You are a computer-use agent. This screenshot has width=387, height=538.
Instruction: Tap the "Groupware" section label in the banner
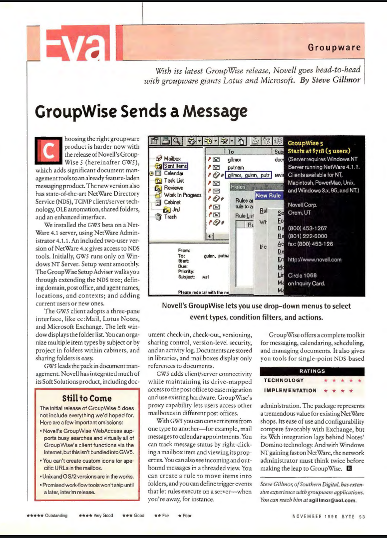[x=334, y=48]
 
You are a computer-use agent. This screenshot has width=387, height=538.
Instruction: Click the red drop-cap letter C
[x=50, y=151]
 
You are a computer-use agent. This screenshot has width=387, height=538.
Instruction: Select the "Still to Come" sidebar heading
[x=87, y=398]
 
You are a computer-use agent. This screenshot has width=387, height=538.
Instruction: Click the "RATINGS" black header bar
[x=312, y=371]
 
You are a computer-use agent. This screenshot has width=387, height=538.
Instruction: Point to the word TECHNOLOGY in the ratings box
[x=284, y=381]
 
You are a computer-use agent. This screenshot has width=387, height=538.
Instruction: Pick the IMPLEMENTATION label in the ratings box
[x=290, y=390]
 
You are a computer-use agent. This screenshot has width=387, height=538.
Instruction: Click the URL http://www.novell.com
[x=315, y=260]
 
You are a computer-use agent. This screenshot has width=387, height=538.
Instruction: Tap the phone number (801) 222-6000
[x=309, y=237]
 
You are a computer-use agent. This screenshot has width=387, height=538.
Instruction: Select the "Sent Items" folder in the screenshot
[x=175, y=166]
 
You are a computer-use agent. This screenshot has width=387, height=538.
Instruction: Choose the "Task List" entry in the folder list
[x=174, y=181]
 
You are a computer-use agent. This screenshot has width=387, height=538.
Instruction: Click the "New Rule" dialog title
[x=268, y=195]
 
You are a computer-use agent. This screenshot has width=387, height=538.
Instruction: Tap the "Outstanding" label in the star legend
[x=56, y=516]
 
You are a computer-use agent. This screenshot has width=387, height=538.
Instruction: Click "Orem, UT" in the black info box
[x=299, y=212]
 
